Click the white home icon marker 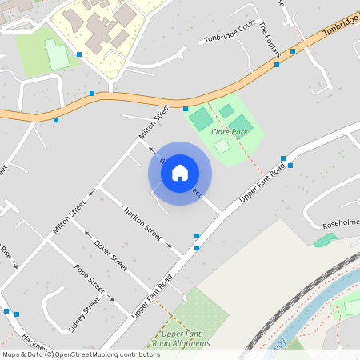point(180,173)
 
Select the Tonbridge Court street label point(230,38)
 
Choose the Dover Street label point(110,254)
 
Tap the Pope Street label point(90,278)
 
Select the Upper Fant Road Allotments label point(185,338)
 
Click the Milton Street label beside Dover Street point(68,218)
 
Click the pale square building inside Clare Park point(222,146)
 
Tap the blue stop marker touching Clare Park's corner point(185,109)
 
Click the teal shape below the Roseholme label point(325,240)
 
